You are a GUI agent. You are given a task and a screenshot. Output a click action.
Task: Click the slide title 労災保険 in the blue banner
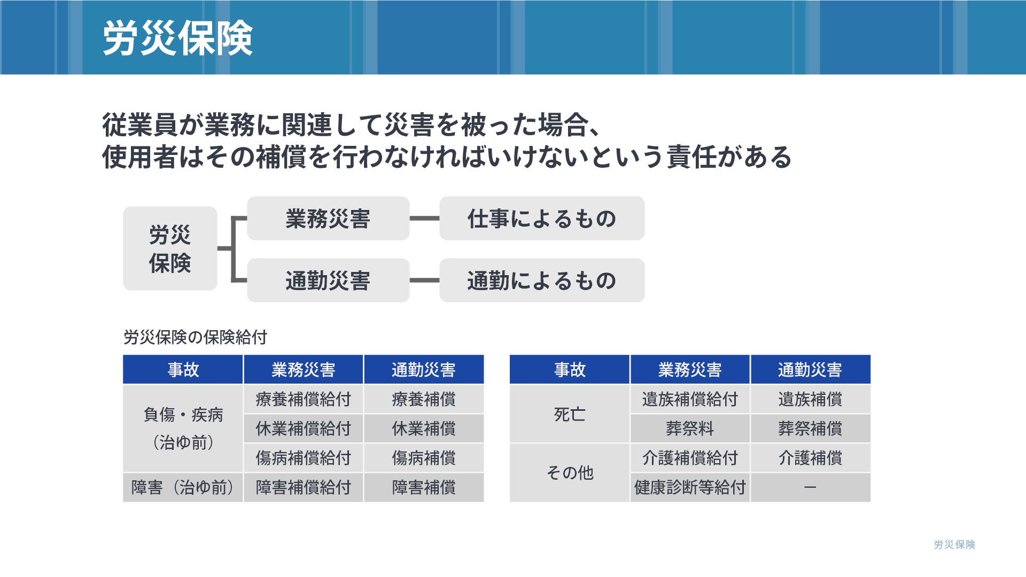tap(177, 38)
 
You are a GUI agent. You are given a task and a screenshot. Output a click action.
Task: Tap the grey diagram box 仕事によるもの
tap(542, 219)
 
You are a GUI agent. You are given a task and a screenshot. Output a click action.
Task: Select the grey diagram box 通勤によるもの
tap(542, 280)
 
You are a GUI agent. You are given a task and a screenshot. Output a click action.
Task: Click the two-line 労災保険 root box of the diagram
tap(170, 248)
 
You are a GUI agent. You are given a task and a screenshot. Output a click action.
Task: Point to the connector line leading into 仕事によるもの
tap(424, 219)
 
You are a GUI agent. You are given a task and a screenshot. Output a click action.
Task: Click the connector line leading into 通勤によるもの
tap(424, 280)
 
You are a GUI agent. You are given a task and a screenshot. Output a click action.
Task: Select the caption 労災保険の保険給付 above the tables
tap(195, 337)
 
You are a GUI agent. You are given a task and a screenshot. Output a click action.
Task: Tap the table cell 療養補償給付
tap(303, 399)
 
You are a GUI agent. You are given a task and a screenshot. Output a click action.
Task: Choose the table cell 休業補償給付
tap(303, 428)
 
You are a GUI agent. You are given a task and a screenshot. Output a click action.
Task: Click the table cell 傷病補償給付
tap(303, 458)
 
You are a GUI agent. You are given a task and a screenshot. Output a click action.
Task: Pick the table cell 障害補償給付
tap(303, 487)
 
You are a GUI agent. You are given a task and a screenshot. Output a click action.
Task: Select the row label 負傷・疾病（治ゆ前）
tap(183, 428)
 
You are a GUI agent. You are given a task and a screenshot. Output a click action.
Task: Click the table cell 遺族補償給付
tap(690, 399)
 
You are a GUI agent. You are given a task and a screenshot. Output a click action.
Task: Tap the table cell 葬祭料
tap(690, 428)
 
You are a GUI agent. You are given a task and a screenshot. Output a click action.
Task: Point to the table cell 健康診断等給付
tap(690, 487)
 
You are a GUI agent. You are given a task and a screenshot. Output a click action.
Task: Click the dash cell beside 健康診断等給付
tap(810, 487)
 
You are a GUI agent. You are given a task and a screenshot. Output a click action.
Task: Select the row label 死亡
tap(570, 414)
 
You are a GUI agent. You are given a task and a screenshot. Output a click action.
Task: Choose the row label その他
tap(570, 473)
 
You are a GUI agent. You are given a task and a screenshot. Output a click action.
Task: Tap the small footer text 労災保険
tap(954, 544)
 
